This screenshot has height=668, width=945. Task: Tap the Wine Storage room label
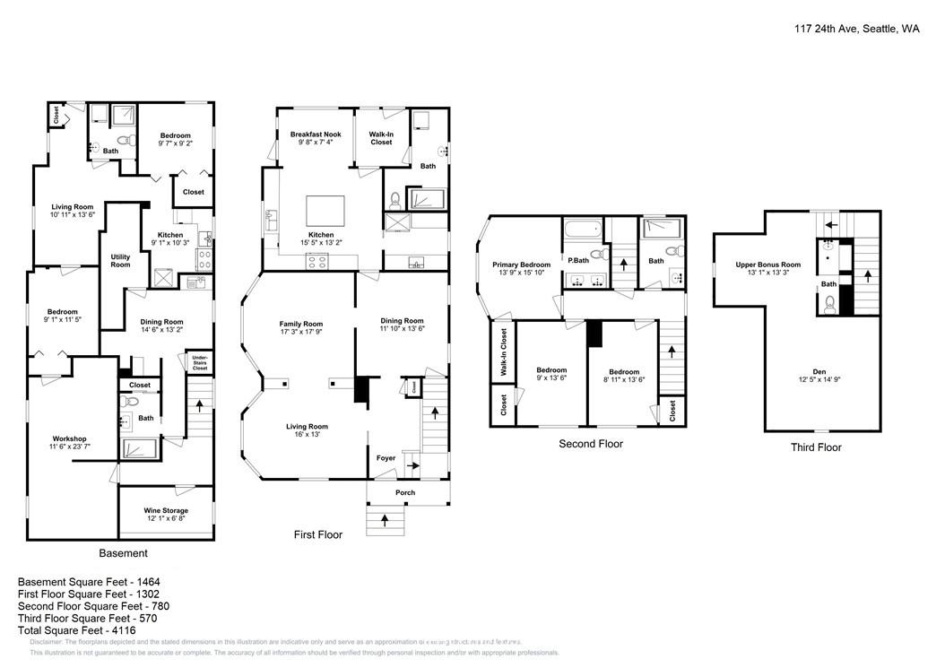coord(166,511)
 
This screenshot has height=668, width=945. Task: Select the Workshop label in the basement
coord(69,438)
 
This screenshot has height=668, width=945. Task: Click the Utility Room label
coord(120,260)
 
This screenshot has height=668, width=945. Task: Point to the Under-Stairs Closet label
coord(200,363)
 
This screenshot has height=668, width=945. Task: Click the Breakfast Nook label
coord(316,134)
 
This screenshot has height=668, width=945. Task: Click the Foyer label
coord(386,458)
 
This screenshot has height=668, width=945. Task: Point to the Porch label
coord(406,492)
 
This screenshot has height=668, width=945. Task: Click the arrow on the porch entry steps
coord(386,518)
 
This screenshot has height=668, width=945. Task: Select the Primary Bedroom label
coord(521,265)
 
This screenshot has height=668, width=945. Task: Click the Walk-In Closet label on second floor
coord(503,351)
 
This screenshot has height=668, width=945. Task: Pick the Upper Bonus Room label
coord(767,265)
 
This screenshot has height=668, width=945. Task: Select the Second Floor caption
coord(590,444)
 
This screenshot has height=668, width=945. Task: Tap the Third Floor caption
coord(815,447)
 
